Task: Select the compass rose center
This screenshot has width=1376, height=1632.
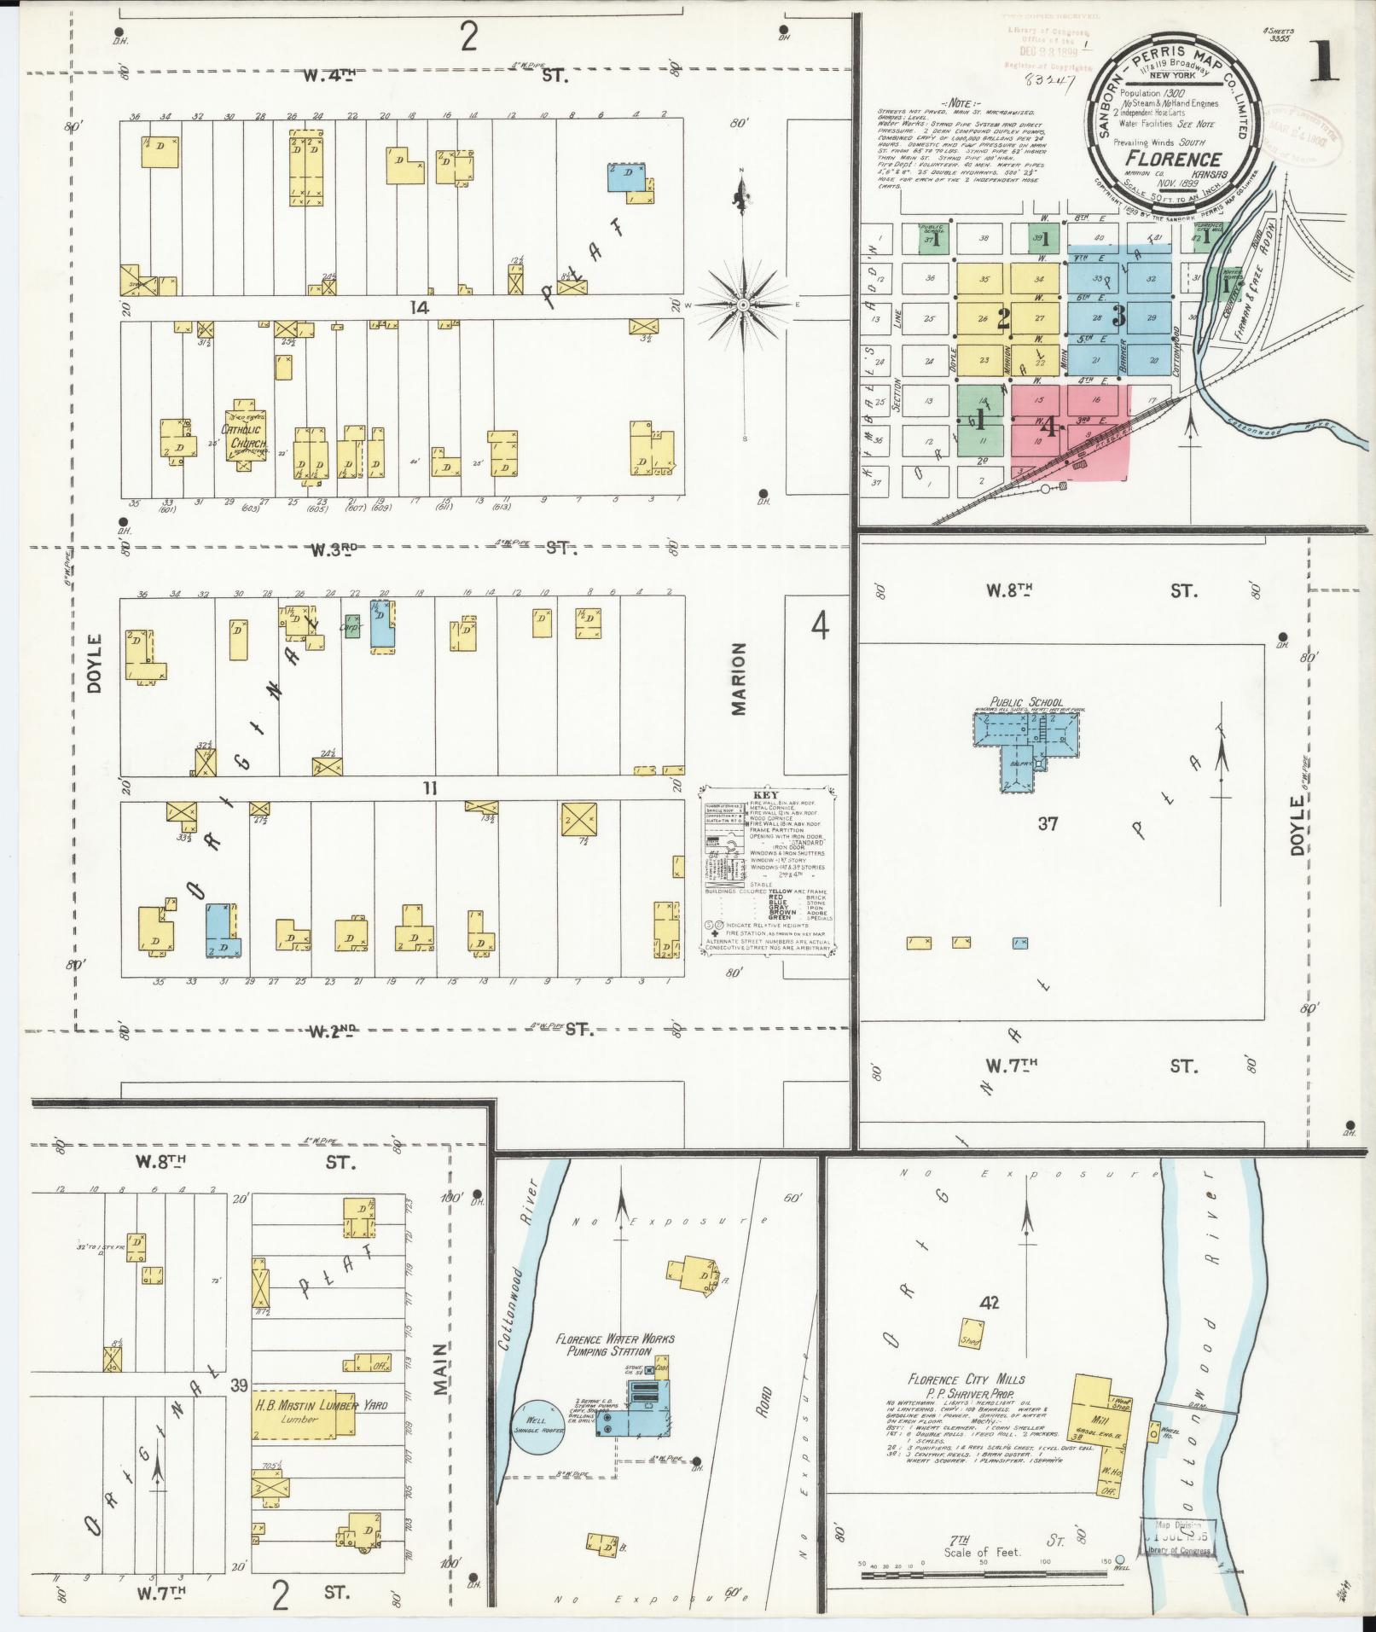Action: coord(744,305)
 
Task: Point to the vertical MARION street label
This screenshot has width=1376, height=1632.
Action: coord(739,679)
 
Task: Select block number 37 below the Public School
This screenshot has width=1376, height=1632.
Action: coord(1048,823)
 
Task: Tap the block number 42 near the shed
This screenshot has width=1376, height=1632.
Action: coord(990,1302)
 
